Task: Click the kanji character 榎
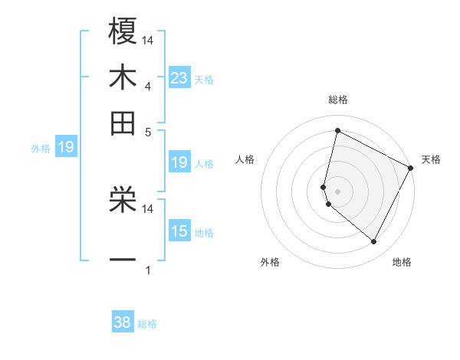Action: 123,31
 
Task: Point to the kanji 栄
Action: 123,198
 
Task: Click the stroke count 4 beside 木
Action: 147,87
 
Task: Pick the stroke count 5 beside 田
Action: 147,132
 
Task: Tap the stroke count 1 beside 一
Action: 147,270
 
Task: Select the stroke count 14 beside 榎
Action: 149,41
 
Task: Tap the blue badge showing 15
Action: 179,231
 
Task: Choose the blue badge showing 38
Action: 122,322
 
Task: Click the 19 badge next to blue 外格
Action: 65,147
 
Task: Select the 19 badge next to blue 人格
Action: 179,162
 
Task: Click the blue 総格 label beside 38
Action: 147,324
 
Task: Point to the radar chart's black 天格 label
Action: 431,159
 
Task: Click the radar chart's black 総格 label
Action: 337,100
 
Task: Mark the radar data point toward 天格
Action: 411,168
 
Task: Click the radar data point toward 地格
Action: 374,242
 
